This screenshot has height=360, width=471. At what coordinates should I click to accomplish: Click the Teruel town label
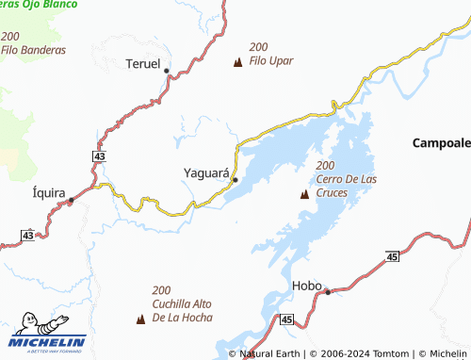144,64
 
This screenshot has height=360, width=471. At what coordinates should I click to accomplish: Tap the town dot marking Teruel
167,71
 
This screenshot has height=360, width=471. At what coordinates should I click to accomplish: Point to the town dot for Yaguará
235,180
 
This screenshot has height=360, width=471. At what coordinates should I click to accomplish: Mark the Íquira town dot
71,200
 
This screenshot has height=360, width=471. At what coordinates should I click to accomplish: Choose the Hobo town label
307,285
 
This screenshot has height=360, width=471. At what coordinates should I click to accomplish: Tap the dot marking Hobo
328,292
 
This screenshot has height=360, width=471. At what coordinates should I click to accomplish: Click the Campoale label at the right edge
441,143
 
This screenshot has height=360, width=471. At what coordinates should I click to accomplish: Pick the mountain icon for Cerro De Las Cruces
304,195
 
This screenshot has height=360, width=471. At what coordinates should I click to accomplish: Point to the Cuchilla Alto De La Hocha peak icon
141,319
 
